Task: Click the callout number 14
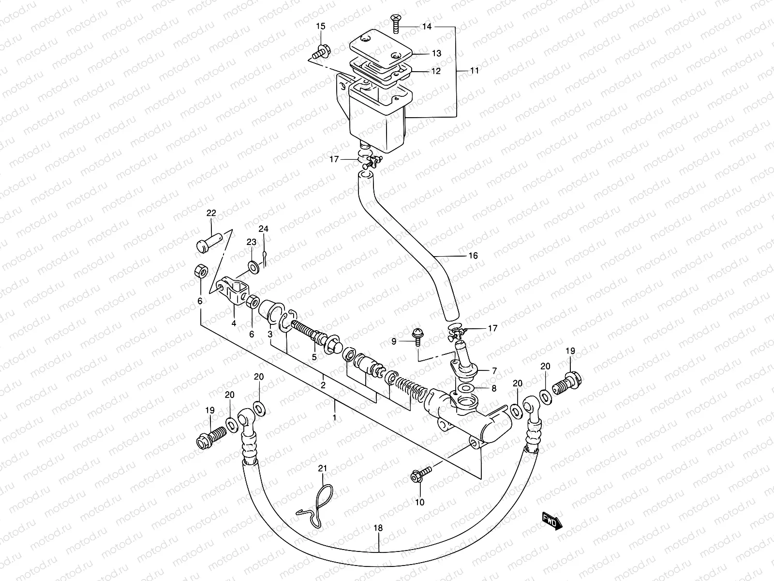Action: pyautogui.click(x=426, y=27)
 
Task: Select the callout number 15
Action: pyautogui.click(x=321, y=26)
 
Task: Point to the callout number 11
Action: pyautogui.click(x=474, y=70)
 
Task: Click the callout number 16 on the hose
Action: pyautogui.click(x=473, y=255)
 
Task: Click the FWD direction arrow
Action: pyautogui.click(x=551, y=522)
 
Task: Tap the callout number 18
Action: pyautogui.click(x=378, y=528)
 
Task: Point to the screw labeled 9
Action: pyautogui.click(x=416, y=336)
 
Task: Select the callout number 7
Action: pyautogui.click(x=494, y=371)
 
